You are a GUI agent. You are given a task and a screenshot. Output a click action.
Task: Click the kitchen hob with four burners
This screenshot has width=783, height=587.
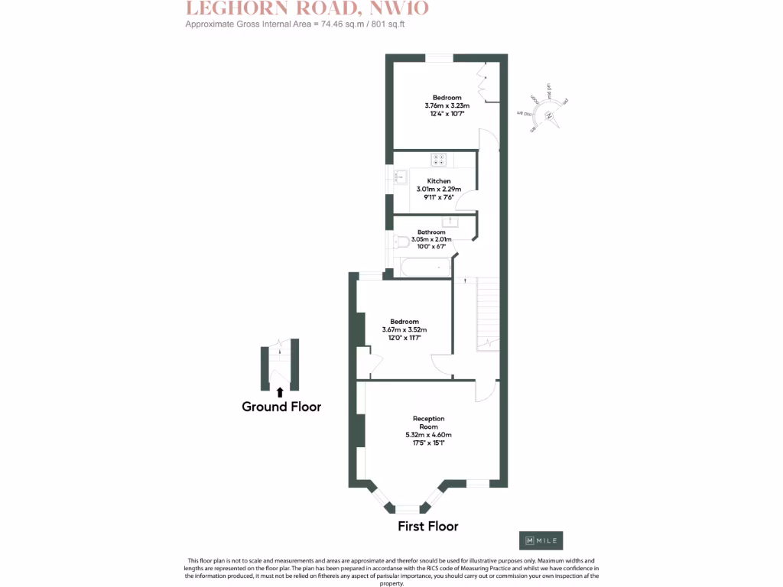(x=439, y=160)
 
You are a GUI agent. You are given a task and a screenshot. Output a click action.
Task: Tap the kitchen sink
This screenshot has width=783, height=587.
(x=399, y=177)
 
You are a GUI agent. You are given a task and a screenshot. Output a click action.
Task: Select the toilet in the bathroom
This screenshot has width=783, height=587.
(x=401, y=242)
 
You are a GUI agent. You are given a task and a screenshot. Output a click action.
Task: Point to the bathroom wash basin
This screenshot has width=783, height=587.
(x=450, y=222)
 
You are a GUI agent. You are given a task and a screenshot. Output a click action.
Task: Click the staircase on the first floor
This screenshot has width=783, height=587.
(x=487, y=313)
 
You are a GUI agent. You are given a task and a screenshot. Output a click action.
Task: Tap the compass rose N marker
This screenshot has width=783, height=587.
(x=549, y=115)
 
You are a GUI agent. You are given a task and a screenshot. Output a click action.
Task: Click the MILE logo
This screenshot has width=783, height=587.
(x=541, y=540)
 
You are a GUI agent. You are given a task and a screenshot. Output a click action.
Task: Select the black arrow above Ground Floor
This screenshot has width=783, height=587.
(x=280, y=392)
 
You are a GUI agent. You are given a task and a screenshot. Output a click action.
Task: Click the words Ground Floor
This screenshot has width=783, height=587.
(x=281, y=407)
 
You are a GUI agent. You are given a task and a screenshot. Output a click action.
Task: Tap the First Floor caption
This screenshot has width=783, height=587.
(x=427, y=526)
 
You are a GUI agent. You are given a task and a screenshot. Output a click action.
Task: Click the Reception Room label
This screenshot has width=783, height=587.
(x=428, y=423)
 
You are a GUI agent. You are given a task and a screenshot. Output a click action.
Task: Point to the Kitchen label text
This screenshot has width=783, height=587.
(x=439, y=181)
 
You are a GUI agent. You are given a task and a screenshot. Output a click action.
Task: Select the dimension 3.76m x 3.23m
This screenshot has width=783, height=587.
(x=447, y=105)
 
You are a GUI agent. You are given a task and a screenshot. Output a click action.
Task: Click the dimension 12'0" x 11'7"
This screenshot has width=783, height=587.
(x=404, y=337)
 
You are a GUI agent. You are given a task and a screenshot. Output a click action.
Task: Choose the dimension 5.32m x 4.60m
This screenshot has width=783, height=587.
(x=428, y=435)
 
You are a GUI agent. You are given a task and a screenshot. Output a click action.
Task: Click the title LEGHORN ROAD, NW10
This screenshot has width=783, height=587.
(x=307, y=9)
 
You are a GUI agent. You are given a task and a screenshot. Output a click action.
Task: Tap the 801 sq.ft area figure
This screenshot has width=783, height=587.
(x=388, y=24)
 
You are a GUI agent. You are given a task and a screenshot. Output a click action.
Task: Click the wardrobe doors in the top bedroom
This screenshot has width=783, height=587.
(x=487, y=83)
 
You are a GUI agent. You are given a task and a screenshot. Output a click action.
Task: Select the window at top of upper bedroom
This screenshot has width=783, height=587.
(x=439, y=57)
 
